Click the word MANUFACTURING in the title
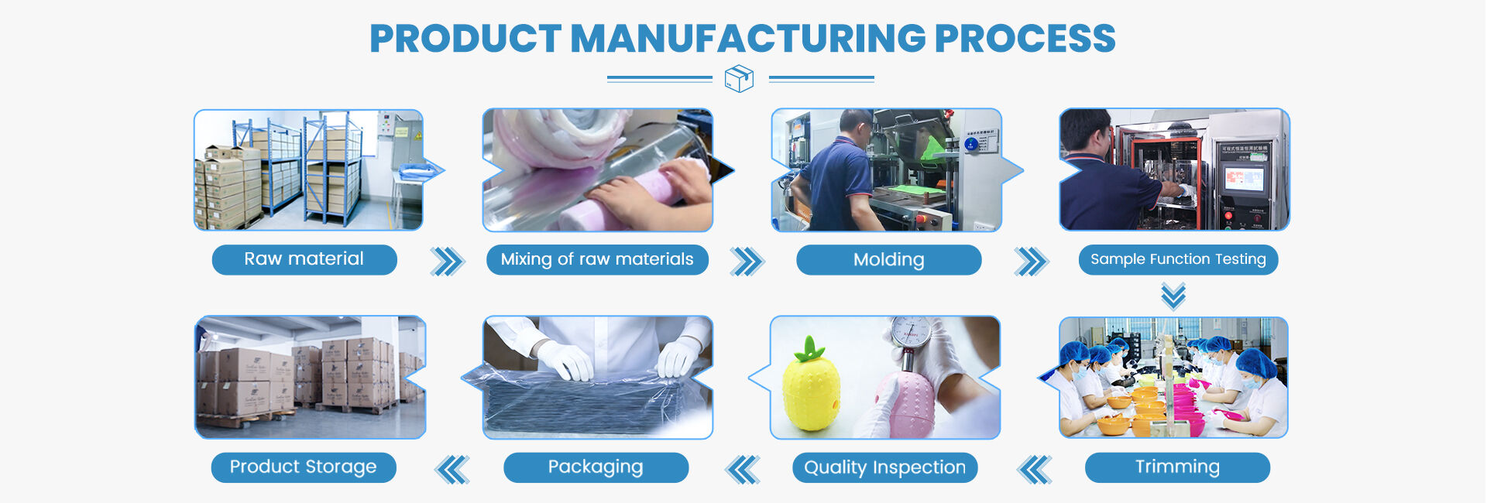pyautogui.click(x=747, y=39)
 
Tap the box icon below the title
pyautogui.click(x=739, y=78)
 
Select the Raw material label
pyautogui.click(x=304, y=259)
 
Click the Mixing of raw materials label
pyautogui.click(x=597, y=259)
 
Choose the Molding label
pyautogui.click(x=889, y=260)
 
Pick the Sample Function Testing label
pyautogui.click(x=1178, y=259)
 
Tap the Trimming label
pyautogui.click(x=1177, y=467)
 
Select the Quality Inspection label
pyautogui.click(x=885, y=467)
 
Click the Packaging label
pyautogui.click(x=596, y=467)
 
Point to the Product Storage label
pyautogui.click(x=304, y=467)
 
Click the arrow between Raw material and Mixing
pyautogui.click(x=448, y=262)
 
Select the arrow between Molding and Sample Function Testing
pyautogui.click(x=1032, y=262)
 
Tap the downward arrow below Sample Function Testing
pyautogui.click(x=1173, y=296)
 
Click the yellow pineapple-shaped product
pyautogui.click(x=812, y=386)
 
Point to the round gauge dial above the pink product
pyautogui.click(x=911, y=332)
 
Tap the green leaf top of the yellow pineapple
pyautogui.click(x=810, y=350)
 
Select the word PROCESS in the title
pyautogui.click(x=1025, y=39)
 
